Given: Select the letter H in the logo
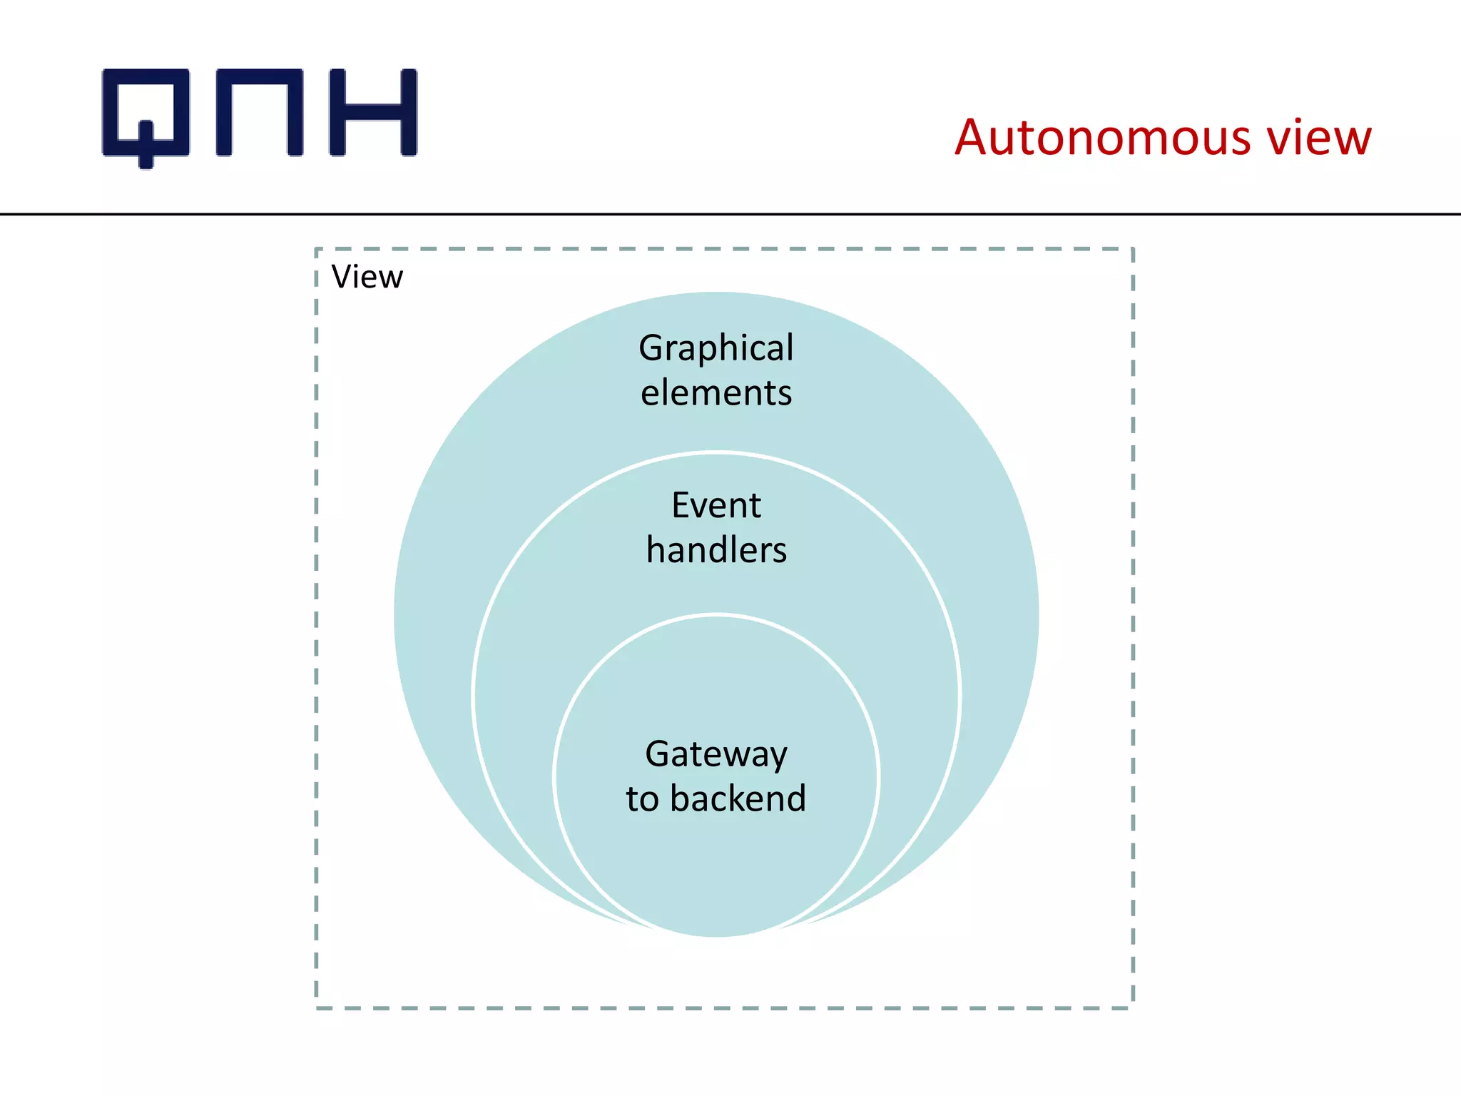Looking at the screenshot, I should pyautogui.click(x=372, y=112).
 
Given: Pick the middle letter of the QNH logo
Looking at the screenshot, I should pyautogui.click(x=259, y=112).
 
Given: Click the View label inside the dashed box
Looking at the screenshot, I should pyautogui.click(x=367, y=277).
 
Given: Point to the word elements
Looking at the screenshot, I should pyautogui.click(x=716, y=393).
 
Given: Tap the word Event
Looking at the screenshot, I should pyautogui.click(x=716, y=506).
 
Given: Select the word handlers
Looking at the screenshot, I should pyautogui.click(x=716, y=550).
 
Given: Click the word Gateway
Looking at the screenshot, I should pyautogui.click(x=716, y=755).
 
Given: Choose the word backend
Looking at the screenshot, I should pyautogui.click(x=738, y=798).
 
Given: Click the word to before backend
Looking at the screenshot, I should pyautogui.click(x=642, y=799).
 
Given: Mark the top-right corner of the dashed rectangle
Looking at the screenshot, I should pyautogui.click(x=1133, y=249).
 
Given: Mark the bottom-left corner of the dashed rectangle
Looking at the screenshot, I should pyautogui.click(x=317, y=1008).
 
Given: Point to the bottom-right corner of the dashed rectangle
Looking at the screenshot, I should pyautogui.click(x=1133, y=1008).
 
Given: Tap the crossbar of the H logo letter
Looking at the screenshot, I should pyautogui.click(x=372, y=113).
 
